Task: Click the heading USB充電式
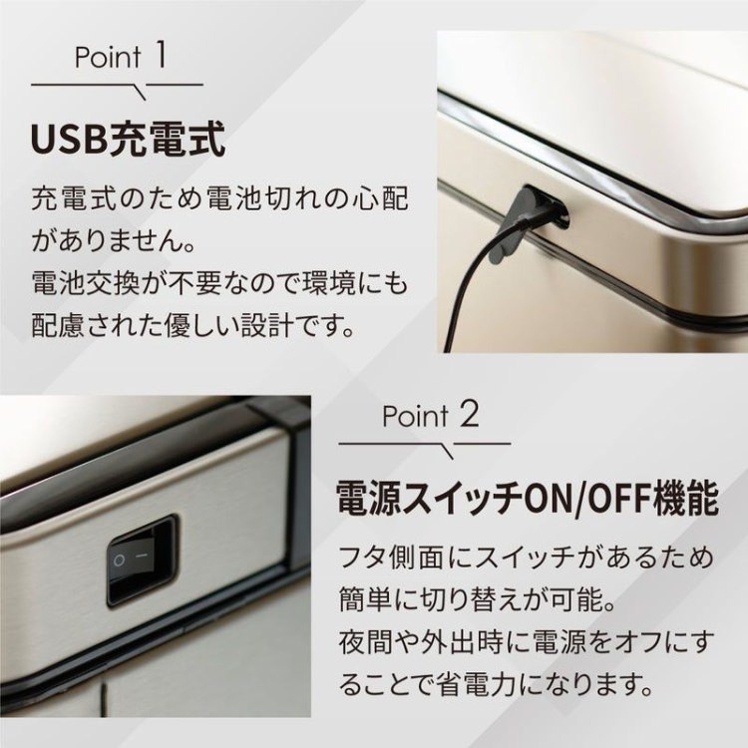(x=128, y=140)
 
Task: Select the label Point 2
(x=430, y=415)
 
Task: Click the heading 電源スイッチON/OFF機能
(x=528, y=499)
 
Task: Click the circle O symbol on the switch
(x=119, y=561)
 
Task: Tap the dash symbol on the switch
(x=142, y=557)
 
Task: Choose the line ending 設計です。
(x=194, y=326)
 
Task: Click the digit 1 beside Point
(x=161, y=55)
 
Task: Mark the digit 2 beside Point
(x=468, y=414)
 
